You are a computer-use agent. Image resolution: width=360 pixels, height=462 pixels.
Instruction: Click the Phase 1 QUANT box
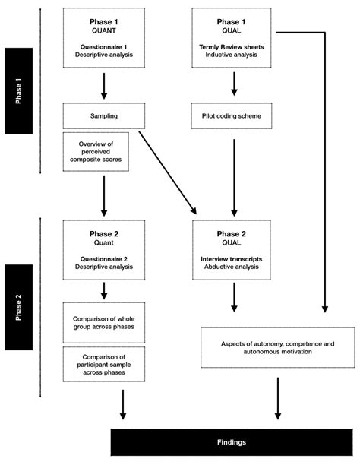click(x=104, y=36)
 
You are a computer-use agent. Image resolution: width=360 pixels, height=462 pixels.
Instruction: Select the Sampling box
click(x=104, y=116)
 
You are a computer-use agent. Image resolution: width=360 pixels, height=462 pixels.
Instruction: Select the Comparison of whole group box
click(x=104, y=319)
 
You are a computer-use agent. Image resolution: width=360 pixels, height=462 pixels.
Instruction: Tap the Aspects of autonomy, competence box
click(x=276, y=349)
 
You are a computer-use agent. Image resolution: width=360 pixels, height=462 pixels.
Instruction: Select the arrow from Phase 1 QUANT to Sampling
click(x=104, y=84)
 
